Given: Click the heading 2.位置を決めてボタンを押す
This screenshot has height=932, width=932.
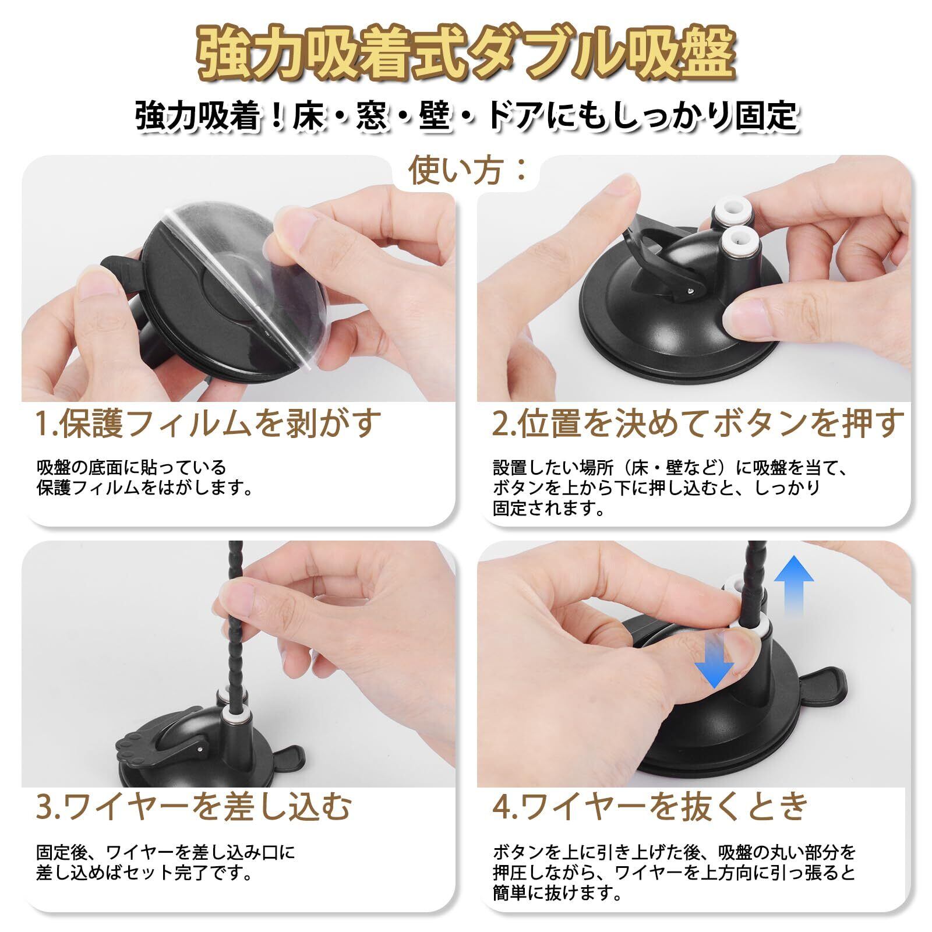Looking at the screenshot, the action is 697,423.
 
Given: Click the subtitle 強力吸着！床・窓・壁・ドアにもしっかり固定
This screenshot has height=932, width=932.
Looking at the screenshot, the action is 466,116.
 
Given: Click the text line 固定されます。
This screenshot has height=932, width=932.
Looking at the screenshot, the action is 541,509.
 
